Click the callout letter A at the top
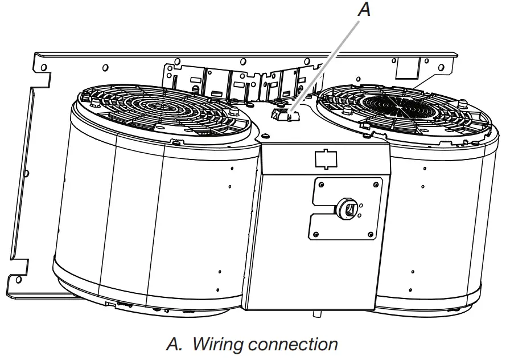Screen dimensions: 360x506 click(x=364, y=10)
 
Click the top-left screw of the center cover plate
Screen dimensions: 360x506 click(x=321, y=184)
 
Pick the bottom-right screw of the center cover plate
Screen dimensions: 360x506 click(x=371, y=234)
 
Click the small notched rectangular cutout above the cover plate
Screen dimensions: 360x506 click(x=325, y=158)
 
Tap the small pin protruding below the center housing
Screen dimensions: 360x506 click(x=313, y=313)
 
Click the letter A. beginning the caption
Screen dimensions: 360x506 click(x=174, y=344)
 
